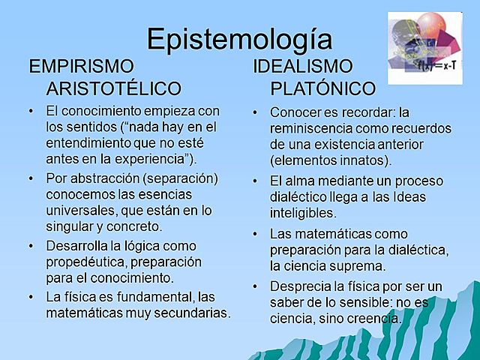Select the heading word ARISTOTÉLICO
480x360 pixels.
point(114,88)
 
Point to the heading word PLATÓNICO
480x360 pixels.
point(322,88)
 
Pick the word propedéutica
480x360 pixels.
point(86,262)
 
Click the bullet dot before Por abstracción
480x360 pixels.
point(31,178)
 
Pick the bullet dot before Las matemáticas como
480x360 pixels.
point(256,233)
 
